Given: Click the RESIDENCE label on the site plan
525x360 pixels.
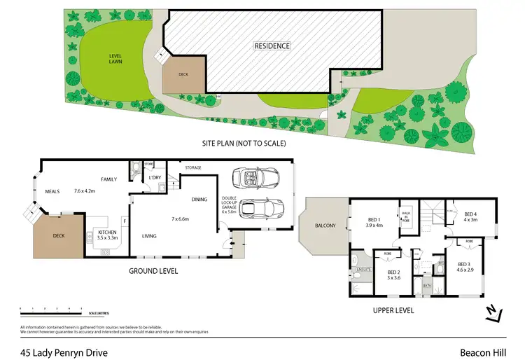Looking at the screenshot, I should pos(272,46).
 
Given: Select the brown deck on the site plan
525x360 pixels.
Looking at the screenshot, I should pos(184,74).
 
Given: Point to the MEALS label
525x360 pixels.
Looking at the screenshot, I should pos(52,190).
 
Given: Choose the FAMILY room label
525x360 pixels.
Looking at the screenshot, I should pos(108,180).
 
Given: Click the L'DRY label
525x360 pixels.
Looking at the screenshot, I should pos(156,178).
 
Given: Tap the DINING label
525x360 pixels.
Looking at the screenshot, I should pos(199,200).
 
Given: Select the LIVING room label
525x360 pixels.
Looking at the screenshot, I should pos(150,236).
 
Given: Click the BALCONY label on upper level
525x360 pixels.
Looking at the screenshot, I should pos(325,226).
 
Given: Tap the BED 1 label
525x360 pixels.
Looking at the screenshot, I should pos(375,222).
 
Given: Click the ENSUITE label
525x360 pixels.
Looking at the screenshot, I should pos(361,268).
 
